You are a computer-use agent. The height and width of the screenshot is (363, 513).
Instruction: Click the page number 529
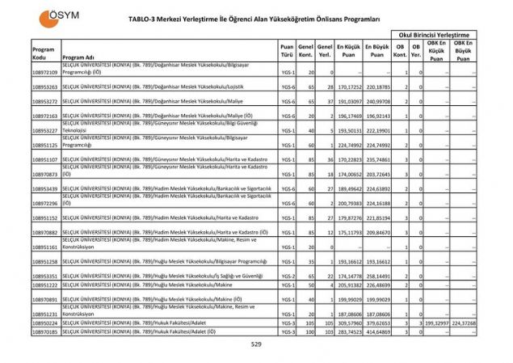point(255,344)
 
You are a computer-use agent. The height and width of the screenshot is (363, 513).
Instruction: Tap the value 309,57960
point(348,323)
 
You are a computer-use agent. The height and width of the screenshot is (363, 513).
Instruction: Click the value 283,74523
point(348,331)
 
